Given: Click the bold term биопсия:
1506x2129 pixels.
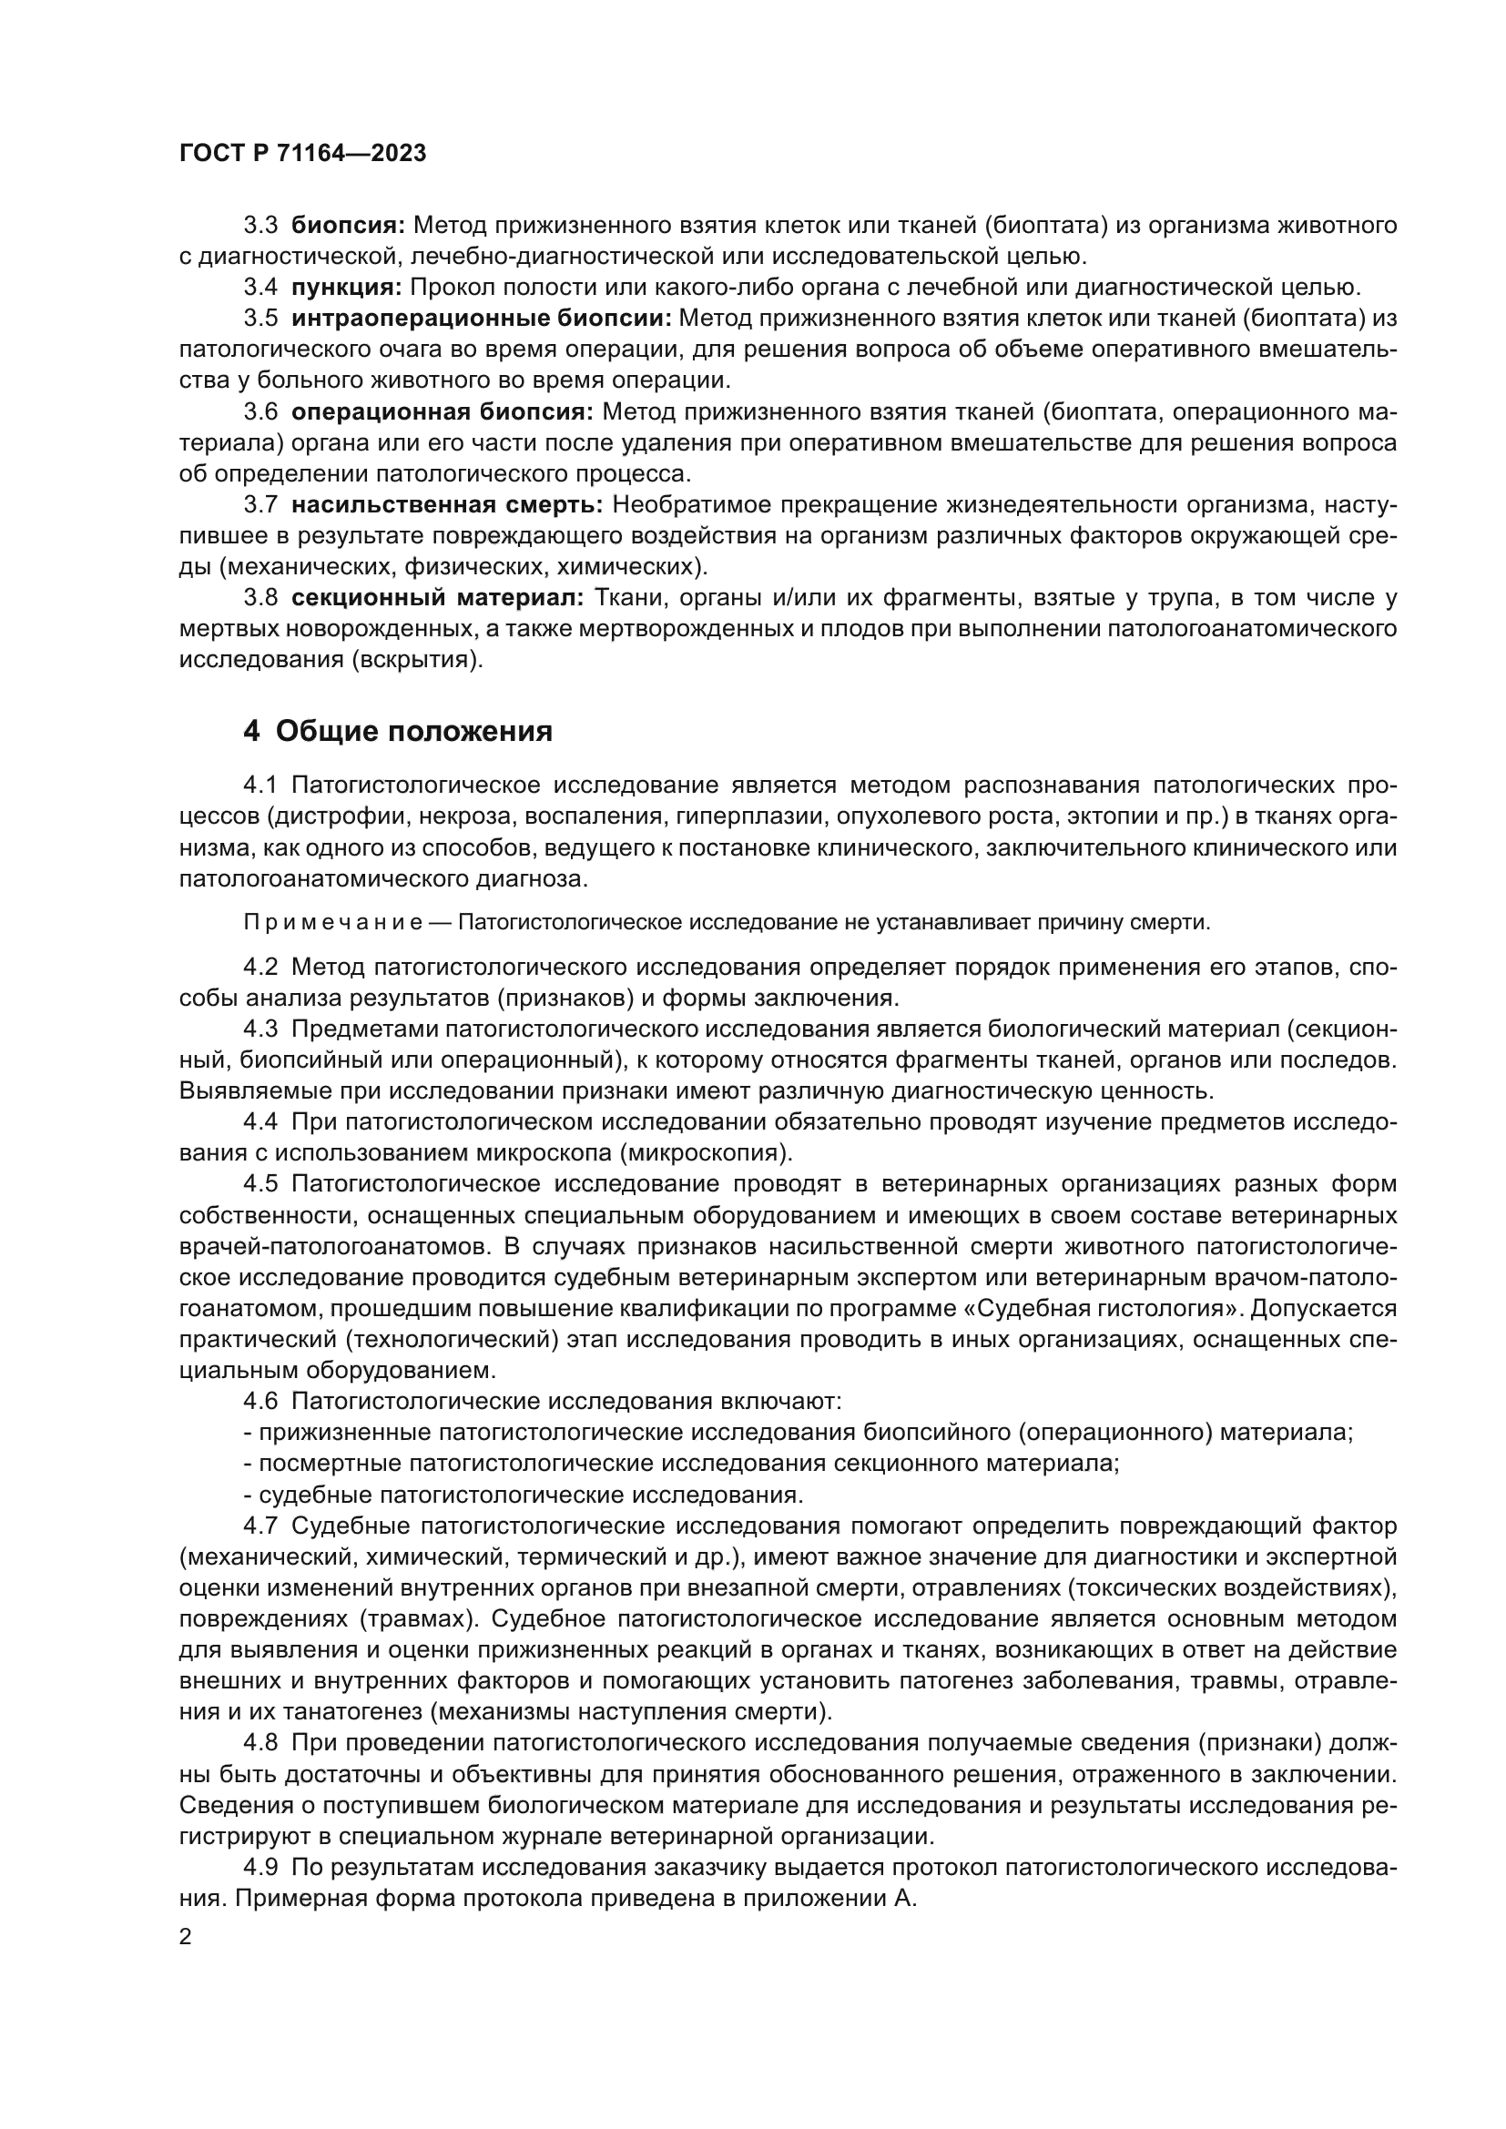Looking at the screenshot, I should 348,225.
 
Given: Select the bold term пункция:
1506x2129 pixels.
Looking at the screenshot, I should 346,287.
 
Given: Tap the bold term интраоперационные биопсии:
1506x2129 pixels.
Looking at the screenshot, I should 482,318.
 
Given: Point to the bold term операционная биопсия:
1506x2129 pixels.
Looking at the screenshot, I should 443,411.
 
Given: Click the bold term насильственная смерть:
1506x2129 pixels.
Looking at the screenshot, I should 447,505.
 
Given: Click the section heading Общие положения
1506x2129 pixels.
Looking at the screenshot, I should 413,733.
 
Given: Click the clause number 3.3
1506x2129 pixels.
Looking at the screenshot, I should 260,225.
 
